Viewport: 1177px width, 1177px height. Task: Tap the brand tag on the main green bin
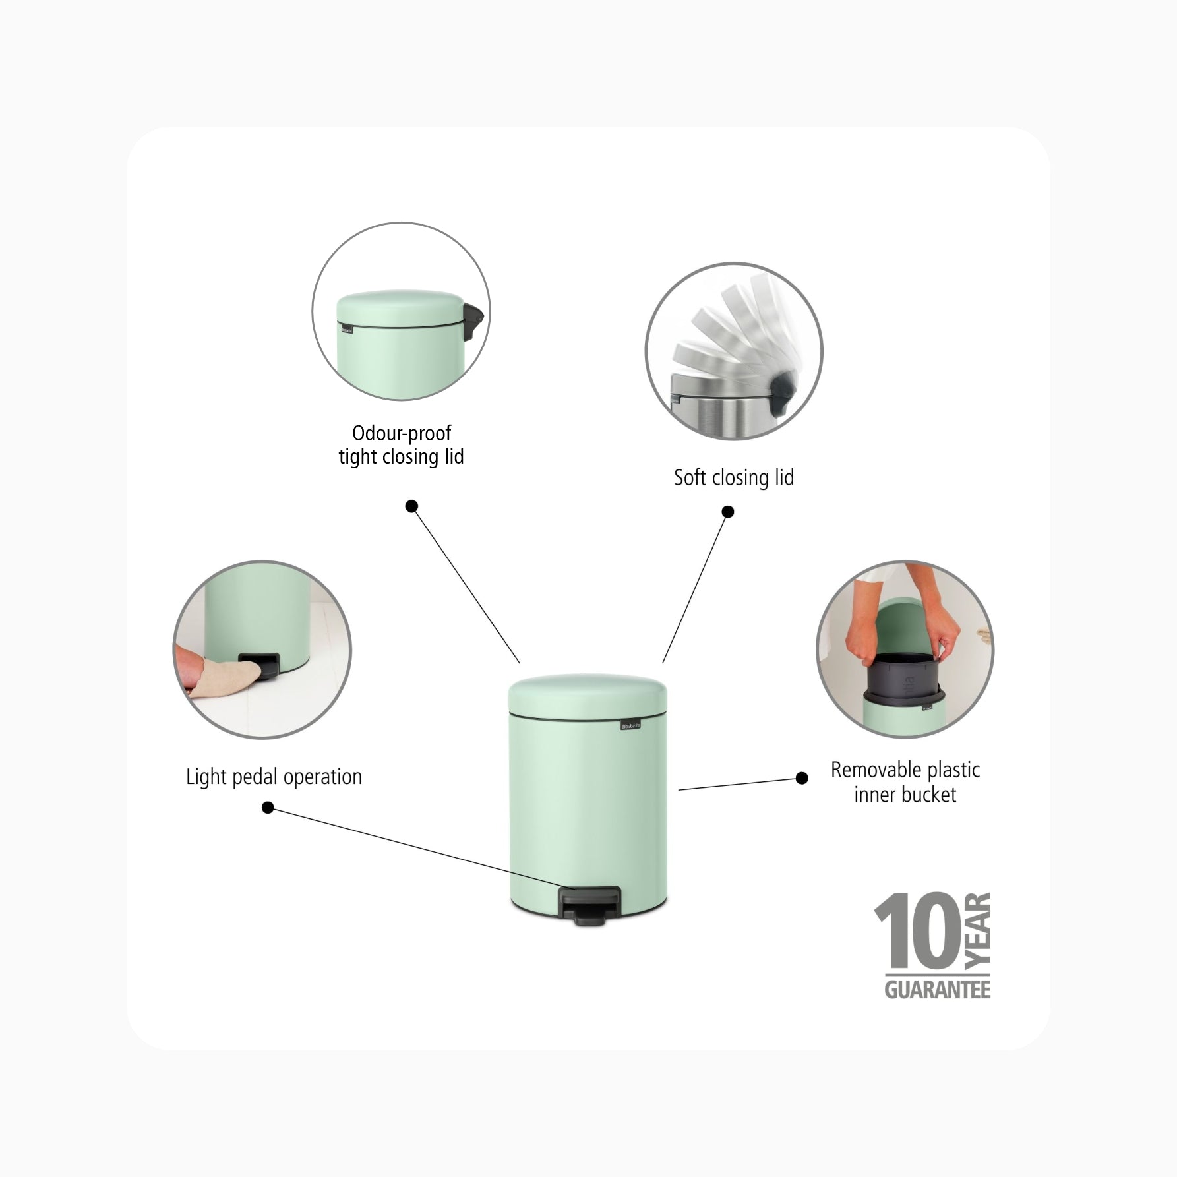(631, 726)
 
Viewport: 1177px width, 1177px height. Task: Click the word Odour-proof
(402, 433)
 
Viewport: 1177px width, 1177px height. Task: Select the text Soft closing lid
(734, 477)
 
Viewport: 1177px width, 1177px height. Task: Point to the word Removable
(876, 770)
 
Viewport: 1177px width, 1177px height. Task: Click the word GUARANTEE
(937, 990)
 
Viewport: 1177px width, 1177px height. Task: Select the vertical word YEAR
(977, 930)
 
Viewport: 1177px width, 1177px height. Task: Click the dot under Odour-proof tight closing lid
(411, 506)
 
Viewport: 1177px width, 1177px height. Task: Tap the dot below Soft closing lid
(728, 512)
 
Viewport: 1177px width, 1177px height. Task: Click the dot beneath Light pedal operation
(268, 808)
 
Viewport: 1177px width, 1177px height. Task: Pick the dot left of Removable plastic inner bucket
(802, 778)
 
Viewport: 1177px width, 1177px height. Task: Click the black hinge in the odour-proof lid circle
(474, 322)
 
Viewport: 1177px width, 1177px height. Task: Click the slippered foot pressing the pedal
(218, 671)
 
